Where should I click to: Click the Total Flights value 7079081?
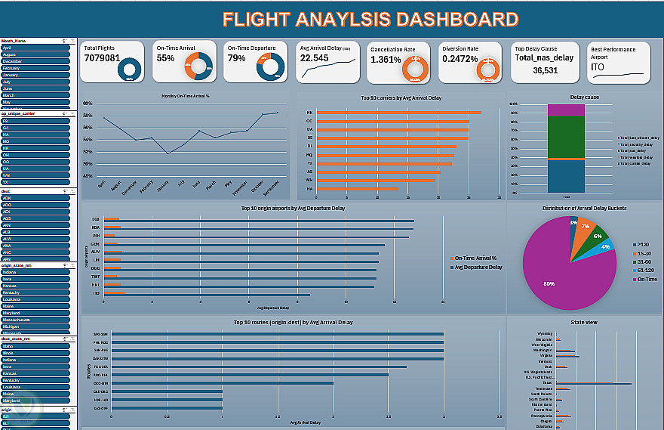tap(102, 58)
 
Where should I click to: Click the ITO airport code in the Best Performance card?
tap(598, 67)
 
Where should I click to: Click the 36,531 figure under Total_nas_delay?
tap(545, 70)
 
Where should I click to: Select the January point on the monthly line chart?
tap(168, 153)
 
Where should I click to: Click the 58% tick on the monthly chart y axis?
tap(87, 115)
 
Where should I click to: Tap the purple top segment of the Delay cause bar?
tap(565, 110)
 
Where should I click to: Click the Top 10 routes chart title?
tap(294, 322)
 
